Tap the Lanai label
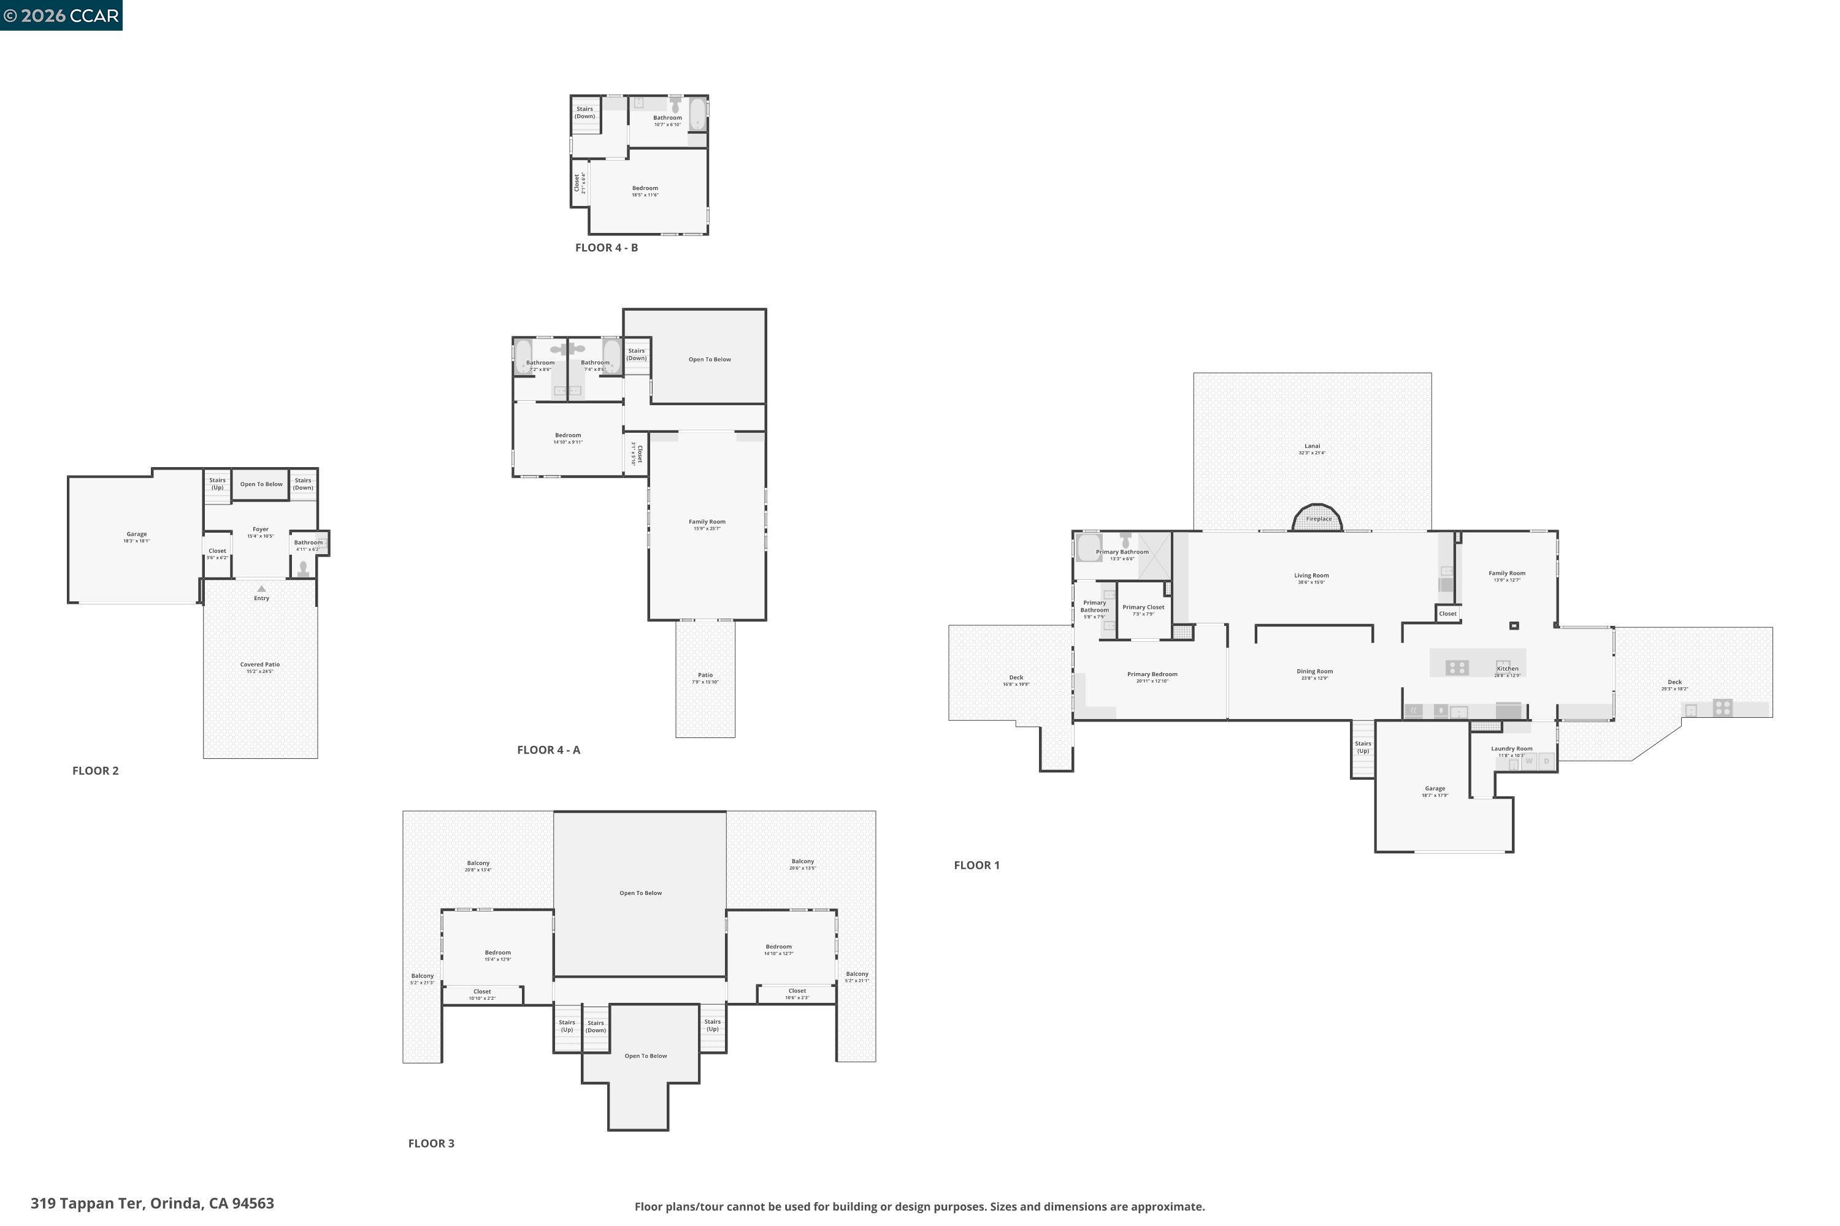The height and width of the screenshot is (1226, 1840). tap(1312, 446)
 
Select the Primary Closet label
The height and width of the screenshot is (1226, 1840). tap(1143, 607)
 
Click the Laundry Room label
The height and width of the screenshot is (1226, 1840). tap(1511, 749)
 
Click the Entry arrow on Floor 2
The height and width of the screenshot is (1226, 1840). tap(261, 588)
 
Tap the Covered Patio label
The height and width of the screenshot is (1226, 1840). tap(259, 664)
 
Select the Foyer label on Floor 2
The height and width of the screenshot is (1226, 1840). tap(261, 530)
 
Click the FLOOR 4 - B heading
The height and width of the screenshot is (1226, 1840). tap(607, 248)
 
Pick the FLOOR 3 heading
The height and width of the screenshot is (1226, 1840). tap(431, 1143)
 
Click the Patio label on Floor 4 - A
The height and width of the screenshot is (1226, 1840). tap(705, 676)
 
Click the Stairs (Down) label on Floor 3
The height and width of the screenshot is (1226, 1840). tap(596, 1026)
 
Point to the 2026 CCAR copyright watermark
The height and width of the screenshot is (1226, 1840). tap(61, 16)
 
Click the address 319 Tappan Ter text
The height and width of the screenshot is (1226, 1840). tap(153, 1203)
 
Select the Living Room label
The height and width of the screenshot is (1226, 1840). tap(1311, 576)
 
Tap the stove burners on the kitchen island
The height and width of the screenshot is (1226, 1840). tap(1457, 668)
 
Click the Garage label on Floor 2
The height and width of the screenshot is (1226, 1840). tap(137, 535)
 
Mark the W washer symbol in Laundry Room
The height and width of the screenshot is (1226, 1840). tap(1528, 761)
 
